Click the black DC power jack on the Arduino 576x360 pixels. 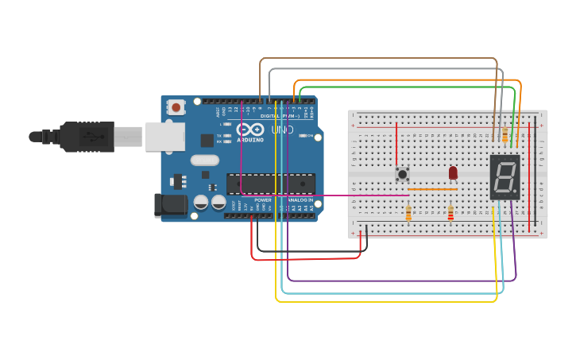[x=171, y=206]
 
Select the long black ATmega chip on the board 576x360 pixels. [x=270, y=184]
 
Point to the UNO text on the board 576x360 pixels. [x=283, y=130]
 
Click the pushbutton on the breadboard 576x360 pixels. [x=403, y=173]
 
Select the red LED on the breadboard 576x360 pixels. [x=453, y=172]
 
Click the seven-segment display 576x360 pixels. [x=505, y=177]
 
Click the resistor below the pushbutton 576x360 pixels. [x=408, y=213]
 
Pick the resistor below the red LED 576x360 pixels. [x=450, y=214]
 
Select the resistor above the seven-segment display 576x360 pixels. [x=505, y=136]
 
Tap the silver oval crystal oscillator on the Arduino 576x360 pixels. [x=204, y=183]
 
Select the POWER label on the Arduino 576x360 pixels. [x=263, y=199]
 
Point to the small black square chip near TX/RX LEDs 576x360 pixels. [x=207, y=141]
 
